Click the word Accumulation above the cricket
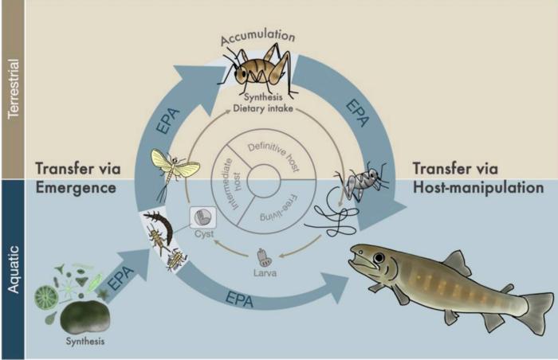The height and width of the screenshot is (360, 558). (x=257, y=37)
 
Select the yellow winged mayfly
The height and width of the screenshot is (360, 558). (x=173, y=168)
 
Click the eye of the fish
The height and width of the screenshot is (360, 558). (x=379, y=257)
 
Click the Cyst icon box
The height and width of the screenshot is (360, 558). (x=203, y=217)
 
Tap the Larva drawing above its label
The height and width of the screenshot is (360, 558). (x=265, y=258)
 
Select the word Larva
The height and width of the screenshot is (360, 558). (x=265, y=273)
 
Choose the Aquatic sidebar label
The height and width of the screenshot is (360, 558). (x=14, y=269)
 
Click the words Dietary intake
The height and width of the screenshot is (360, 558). (x=263, y=108)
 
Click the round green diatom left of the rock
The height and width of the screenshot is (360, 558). (x=46, y=296)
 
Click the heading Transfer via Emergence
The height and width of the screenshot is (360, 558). (x=78, y=178)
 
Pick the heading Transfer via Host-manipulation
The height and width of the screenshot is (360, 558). (x=478, y=178)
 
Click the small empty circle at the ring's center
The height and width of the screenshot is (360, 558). (x=264, y=182)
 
